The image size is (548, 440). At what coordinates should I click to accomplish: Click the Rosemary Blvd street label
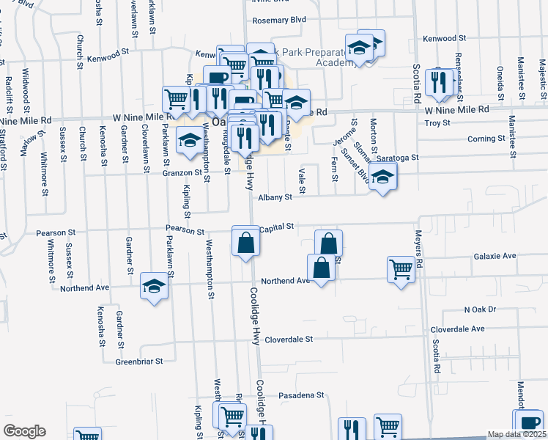point(278,20)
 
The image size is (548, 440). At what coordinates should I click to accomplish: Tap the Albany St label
point(275,197)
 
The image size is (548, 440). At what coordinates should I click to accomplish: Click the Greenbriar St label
point(138,361)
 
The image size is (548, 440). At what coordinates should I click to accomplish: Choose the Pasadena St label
point(301,395)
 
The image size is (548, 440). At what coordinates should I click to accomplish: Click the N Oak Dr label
point(480,310)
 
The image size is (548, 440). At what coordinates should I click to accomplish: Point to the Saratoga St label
point(397,158)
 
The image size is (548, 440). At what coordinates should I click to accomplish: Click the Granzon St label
point(182,172)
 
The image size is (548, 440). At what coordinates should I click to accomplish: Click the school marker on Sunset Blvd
point(382,177)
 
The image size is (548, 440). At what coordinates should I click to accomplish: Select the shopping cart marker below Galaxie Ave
point(401,268)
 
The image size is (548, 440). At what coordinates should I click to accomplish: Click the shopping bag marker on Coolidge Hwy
point(246,240)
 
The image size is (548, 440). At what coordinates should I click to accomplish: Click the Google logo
point(24,431)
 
